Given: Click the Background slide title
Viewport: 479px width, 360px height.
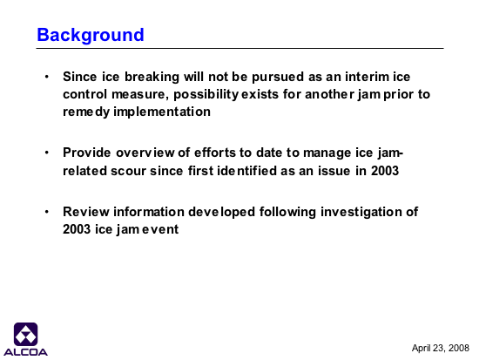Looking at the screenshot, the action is [91, 35].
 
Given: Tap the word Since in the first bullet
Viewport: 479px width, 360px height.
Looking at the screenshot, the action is [80, 77].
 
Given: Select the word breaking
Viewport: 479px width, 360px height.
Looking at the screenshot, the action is [152, 77].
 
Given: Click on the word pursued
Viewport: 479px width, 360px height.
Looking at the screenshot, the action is [278, 77].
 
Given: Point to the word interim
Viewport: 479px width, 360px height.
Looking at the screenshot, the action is [367, 77].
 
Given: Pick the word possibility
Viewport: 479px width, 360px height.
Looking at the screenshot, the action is [206, 94].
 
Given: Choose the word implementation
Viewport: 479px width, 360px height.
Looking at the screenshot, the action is [162, 112].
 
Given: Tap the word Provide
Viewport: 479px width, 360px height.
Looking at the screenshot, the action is [87, 153].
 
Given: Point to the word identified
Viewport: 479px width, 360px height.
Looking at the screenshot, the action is [246, 170].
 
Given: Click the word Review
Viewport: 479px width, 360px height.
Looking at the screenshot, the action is [86, 212].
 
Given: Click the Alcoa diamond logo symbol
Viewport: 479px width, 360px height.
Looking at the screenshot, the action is [25, 335].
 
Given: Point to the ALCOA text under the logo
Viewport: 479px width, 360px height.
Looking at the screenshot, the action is [25, 352].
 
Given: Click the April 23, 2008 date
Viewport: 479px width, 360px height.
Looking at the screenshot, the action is [440, 348].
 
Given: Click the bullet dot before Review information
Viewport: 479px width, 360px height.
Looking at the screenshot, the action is [47, 211].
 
